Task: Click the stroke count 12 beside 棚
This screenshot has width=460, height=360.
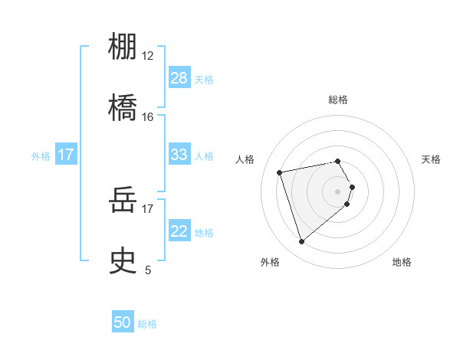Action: pos(147,57)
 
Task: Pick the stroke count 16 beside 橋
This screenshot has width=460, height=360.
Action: pos(147,116)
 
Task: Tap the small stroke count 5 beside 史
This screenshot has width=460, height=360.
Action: pos(148,270)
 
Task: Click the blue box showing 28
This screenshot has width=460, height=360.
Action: pos(179,78)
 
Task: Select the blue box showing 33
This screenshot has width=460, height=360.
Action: pos(179,155)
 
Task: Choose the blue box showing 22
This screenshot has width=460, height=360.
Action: pos(179,231)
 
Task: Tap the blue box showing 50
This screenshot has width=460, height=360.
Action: pos(123,322)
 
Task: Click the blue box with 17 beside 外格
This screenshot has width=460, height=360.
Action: pos(66,155)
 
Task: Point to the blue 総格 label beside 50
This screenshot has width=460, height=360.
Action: pos(147,324)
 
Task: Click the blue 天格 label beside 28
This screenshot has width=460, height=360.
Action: pos(204,80)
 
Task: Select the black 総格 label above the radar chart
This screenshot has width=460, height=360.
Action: pos(338,100)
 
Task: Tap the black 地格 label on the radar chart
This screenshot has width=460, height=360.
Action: pos(402,263)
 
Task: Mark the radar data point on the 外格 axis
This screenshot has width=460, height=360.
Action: pos(302,242)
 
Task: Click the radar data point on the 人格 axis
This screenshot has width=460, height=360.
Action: pos(280,172)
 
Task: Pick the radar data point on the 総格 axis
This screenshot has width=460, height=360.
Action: pos(338,161)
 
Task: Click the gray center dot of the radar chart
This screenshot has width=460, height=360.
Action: pos(338,191)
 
